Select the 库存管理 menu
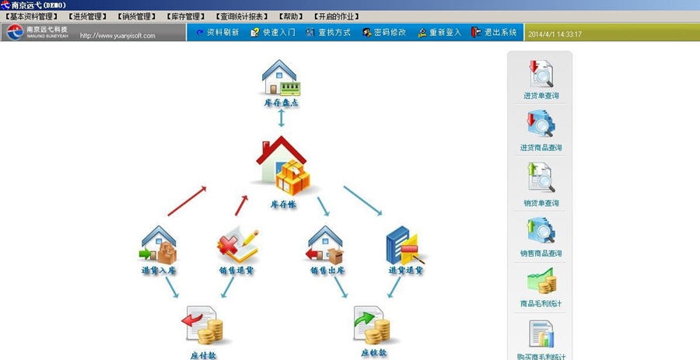click(x=185, y=16)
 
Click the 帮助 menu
click(x=292, y=16)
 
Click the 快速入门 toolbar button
click(x=272, y=33)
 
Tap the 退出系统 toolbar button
click(x=494, y=33)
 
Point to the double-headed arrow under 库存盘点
click(x=282, y=118)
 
